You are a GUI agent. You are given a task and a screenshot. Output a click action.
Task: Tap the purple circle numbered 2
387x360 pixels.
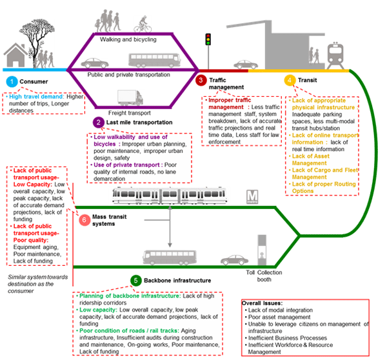pos(99,121)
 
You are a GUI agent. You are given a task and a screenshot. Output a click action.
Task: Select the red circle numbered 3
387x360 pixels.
pos(201,81)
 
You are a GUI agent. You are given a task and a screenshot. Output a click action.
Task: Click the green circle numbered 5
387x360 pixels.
pos(136,281)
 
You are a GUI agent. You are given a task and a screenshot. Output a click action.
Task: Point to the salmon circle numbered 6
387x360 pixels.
pos(84,220)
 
